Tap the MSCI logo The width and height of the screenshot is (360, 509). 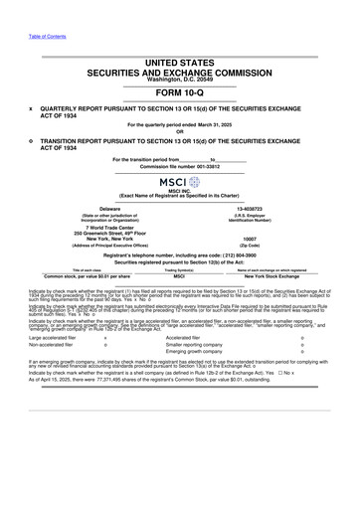(x=179, y=185)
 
